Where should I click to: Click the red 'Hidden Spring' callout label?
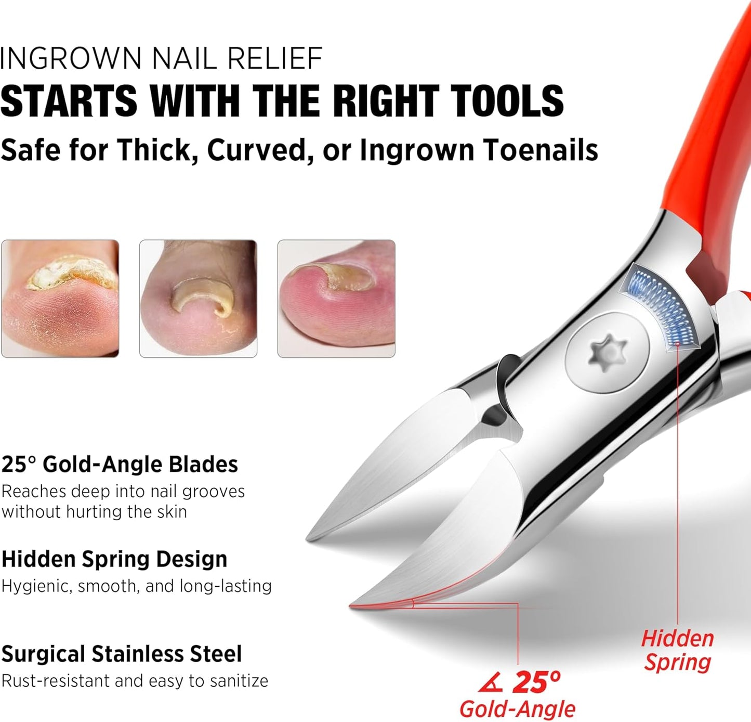[x=677, y=650]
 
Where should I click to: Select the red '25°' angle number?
[x=536, y=681]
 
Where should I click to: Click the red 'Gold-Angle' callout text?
[x=517, y=708]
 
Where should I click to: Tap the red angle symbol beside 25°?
[x=491, y=682]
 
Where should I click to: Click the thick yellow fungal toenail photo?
[x=60, y=299]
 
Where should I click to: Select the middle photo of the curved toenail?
[x=198, y=299]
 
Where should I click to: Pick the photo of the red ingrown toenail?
[x=336, y=299]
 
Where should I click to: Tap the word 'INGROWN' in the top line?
[x=71, y=58]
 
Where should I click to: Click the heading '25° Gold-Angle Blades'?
[x=120, y=464]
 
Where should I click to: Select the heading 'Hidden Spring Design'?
[x=114, y=559]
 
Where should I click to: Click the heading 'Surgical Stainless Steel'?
[x=122, y=654]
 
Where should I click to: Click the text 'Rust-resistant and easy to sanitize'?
[x=135, y=680]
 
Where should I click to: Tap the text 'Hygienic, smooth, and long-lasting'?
[x=136, y=586]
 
